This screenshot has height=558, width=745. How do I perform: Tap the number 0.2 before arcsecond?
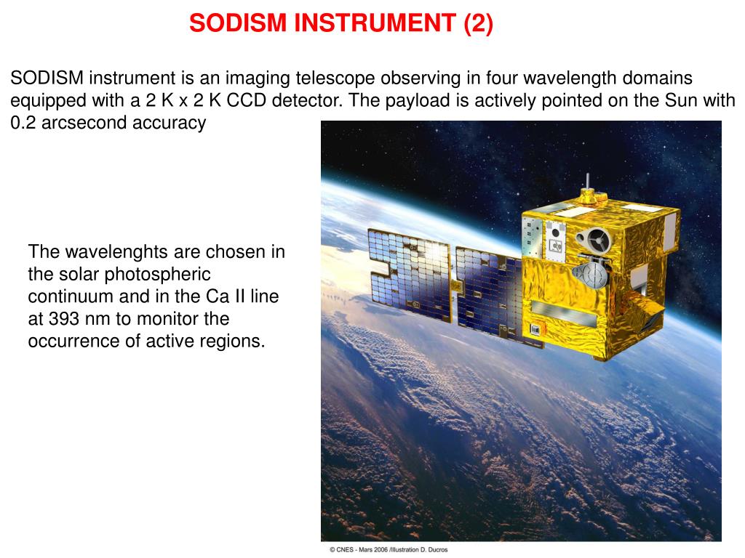coord(23,123)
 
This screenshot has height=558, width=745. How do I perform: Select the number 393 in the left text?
coord(63,318)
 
